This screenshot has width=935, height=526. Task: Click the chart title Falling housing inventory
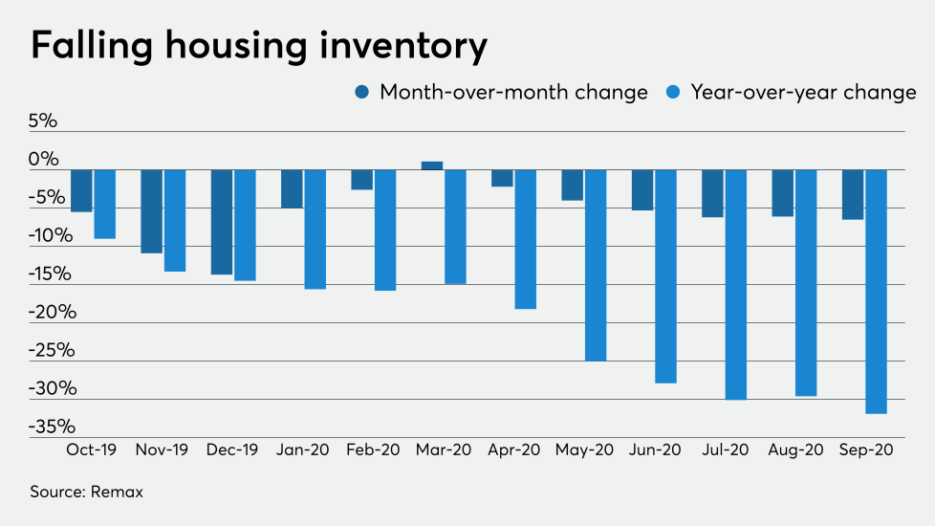tap(259, 45)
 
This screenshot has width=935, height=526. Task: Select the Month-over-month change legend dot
tap(362, 93)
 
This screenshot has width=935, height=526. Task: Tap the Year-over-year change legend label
tap(803, 93)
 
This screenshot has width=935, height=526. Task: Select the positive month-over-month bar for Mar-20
tap(432, 165)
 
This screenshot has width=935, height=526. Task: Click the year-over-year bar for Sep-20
tap(876, 292)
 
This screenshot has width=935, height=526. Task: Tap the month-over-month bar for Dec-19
tap(222, 222)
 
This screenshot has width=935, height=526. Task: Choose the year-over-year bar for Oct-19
tap(105, 204)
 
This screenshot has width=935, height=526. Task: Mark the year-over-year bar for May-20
tap(596, 265)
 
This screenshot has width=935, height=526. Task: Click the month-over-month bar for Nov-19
tap(152, 211)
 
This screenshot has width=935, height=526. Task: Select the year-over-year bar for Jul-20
tap(736, 284)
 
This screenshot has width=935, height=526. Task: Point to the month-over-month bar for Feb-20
tap(361, 180)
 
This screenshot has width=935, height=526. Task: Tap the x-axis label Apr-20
tap(513, 449)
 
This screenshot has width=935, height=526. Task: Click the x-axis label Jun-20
tap(654, 449)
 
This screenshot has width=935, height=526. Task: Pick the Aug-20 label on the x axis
tap(794, 449)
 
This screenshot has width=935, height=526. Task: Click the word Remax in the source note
tap(117, 492)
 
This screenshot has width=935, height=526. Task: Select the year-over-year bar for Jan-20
tap(315, 230)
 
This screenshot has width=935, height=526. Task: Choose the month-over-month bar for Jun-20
tap(642, 189)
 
